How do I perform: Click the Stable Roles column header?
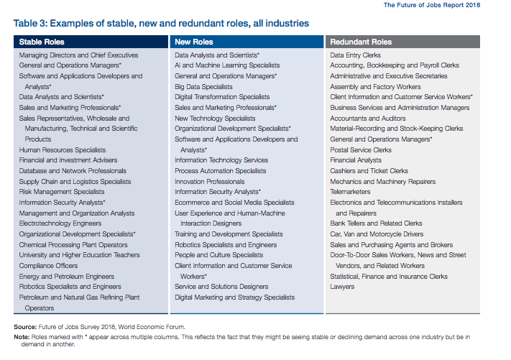[x=42, y=42]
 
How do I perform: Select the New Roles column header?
[x=193, y=42]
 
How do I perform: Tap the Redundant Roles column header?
[x=361, y=42]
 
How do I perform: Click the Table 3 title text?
[x=161, y=24]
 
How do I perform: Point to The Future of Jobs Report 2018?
[x=432, y=5]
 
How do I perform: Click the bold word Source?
[x=25, y=327]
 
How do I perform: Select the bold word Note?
[x=22, y=337]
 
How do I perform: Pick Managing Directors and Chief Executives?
[x=78, y=55]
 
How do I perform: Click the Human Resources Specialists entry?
[x=63, y=150]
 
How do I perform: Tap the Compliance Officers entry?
[x=48, y=266]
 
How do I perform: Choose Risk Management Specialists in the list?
[x=62, y=192]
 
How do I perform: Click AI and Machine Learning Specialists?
[x=227, y=65]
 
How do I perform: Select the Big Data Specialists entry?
[x=203, y=87]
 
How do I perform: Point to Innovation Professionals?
[x=210, y=182]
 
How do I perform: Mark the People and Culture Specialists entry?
[x=218, y=255]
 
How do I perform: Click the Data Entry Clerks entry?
[x=355, y=55]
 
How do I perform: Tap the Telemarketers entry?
[x=350, y=192]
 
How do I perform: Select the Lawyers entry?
[x=342, y=287]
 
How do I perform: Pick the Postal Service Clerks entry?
[x=361, y=150]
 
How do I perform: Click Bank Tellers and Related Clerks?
[x=376, y=223]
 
